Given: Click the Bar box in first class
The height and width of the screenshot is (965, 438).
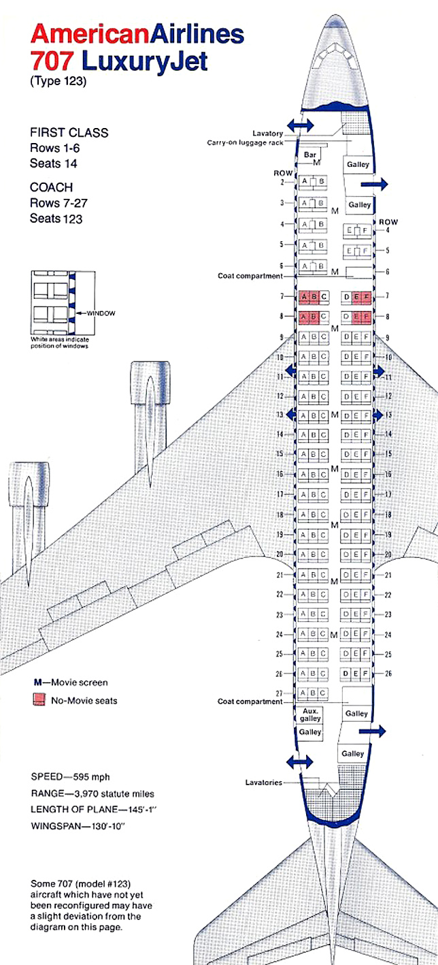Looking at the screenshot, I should pyautogui.click(x=311, y=156).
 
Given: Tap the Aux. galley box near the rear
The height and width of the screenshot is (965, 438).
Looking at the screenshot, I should pyautogui.click(x=309, y=713).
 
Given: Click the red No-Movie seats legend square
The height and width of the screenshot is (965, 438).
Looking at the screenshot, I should pyautogui.click(x=39, y=699).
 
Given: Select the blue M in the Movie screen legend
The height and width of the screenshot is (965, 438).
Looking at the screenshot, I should pyautogui.click(x=38, y=682).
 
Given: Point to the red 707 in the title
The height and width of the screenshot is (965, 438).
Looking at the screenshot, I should pyautogui.click(x=53, y=61).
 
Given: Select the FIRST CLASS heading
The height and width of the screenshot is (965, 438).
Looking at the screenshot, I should pyautogui.click(x=69, y=132).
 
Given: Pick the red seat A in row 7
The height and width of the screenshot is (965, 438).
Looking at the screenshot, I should pyautogui.click(x=303, y=297).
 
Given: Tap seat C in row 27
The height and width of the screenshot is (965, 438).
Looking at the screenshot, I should pyautogui.click(x=322, y=693).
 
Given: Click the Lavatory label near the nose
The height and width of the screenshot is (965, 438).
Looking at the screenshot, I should pyautogui.click(x=269, y=133).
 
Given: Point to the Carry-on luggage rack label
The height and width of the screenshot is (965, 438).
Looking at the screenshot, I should pyautogui.click(x=250, y=142).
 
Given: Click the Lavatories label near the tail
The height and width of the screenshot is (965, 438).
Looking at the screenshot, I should pyautogui.click(x=263, y=782).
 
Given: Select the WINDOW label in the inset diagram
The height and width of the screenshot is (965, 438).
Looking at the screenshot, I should pyautogui.click(x=100, y=313).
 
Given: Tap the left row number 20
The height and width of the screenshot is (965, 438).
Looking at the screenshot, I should pyautogui.click(x=279, y=554).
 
